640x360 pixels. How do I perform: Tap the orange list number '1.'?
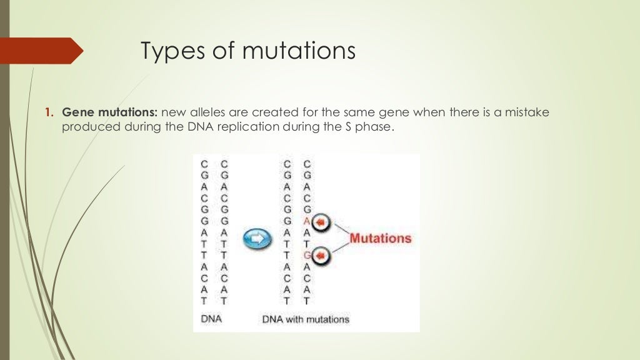49,113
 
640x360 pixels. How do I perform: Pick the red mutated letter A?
306,221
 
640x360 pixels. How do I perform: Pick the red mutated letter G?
306,255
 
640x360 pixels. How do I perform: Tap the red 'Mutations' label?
380,238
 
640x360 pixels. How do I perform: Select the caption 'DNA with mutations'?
305,320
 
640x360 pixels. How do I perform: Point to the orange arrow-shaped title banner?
41,51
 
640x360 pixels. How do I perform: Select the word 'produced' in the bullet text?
87,127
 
